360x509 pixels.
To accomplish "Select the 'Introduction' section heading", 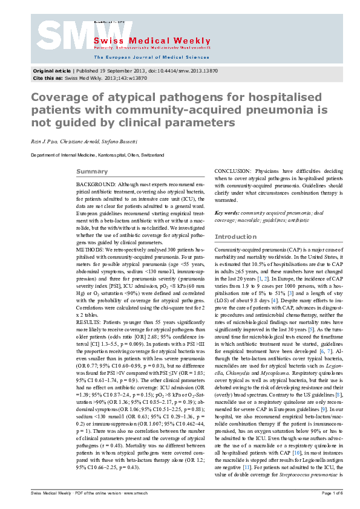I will click(x=236, y=236).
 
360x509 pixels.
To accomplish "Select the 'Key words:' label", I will click(x=227, y=213).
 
